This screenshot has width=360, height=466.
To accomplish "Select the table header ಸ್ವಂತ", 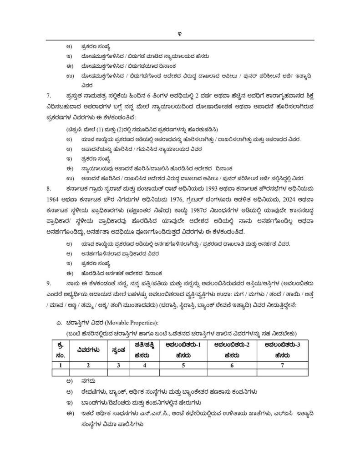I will pos(118,350).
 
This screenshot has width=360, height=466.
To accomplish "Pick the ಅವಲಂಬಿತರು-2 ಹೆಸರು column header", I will pos(231,350).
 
